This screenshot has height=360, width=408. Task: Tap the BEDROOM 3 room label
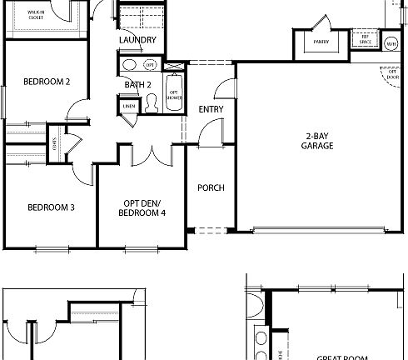pyautogui.click(x=52, y=207)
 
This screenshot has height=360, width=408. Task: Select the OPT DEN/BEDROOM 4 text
pyautogui.click(x=142, y=208)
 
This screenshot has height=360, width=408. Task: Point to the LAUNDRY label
pyautogui.click(x=138, y=40)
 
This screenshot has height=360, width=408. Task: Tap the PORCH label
pyautogui.click(x=211, y=187)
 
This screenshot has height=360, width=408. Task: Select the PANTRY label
pyautogui.click(x=321, y=41)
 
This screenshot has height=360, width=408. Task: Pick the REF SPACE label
pyautogui.click(x=364, y=37)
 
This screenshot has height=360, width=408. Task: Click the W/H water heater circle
pyautogui.click(x=391, y=42)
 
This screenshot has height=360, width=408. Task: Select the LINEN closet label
pyautogui.click(x=129, y=106)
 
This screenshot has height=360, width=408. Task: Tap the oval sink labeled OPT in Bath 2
pyautogui.click(x=131, y=66)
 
